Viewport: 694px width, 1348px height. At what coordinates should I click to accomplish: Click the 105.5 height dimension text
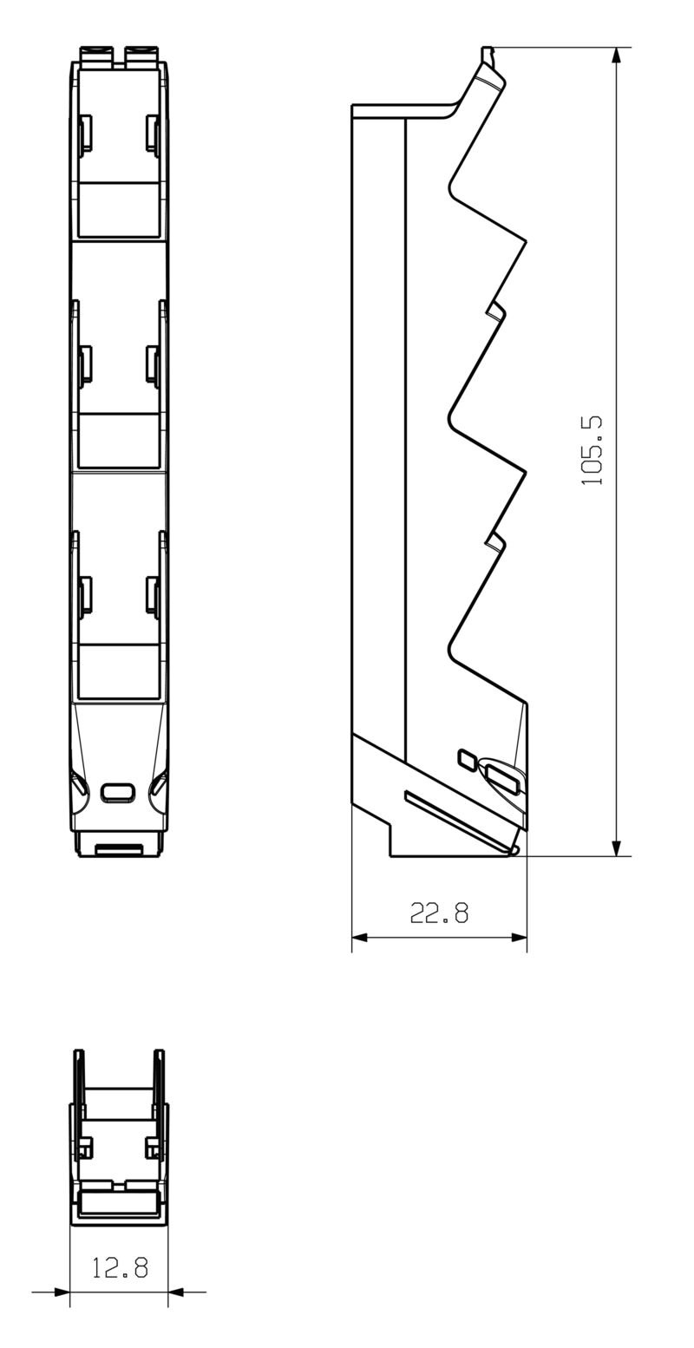(x=593, y=451)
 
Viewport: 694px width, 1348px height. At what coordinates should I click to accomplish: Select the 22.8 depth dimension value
(x=439, y=913)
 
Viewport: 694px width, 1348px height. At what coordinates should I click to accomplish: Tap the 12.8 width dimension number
(x=120, y=1268)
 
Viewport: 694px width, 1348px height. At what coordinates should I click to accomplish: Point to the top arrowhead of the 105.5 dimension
(x=616, y=56)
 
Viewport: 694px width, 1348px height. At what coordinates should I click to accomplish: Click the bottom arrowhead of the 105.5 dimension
(x=616, y=847)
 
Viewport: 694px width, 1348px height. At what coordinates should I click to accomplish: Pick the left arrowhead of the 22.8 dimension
(x=360, y=938)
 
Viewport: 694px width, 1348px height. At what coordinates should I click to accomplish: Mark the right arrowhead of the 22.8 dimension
(x=519, y=938)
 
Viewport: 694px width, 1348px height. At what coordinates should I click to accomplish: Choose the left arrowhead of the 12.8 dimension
(x=62, y=1292)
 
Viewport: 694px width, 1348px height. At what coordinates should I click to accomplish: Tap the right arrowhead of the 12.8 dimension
(x=176, y=1292)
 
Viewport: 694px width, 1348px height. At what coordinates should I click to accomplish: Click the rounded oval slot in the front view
(x=118, y=791)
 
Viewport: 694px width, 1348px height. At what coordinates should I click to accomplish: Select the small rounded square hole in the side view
(x=467, y=759)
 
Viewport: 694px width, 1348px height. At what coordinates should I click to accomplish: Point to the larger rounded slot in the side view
(x=504, y=778)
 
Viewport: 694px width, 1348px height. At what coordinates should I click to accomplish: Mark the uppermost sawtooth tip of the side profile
(x=524, y=239)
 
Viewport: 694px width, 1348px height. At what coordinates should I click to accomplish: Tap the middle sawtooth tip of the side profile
(x=524, y=472)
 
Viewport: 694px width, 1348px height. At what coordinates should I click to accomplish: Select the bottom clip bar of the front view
(x=119, y=848)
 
